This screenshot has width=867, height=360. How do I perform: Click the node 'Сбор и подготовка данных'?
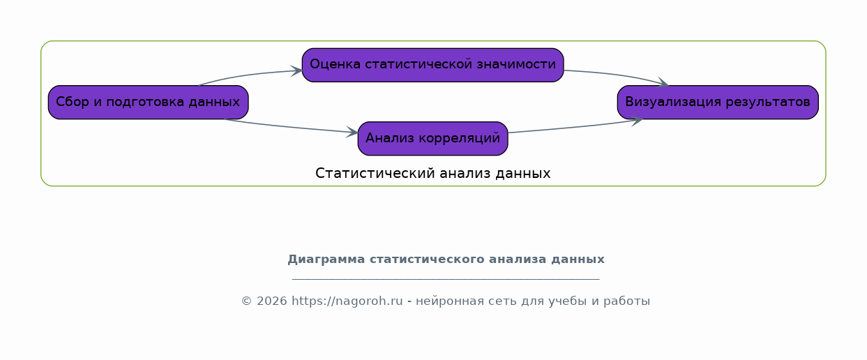(x=149, y=102)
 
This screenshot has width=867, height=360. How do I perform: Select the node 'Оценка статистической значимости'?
(x=432, y=65)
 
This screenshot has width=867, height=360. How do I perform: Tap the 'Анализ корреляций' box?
(x=432, y=139)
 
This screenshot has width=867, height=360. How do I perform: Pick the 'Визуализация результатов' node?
(x=718, y=102)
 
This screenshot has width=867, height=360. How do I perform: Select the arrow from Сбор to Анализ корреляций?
(x=290, y=126)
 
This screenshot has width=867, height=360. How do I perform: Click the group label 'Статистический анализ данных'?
(x=432, y=174)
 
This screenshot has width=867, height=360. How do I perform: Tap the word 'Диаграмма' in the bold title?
(x=326, y=260)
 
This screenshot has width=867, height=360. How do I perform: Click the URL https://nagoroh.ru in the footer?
(x=347, y=301)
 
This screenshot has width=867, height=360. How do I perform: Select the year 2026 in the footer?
(x=272, y=301)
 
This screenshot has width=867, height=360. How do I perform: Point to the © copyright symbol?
(x=246, y=301)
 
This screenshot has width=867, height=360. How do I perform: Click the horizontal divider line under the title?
(x=446, y=278)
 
